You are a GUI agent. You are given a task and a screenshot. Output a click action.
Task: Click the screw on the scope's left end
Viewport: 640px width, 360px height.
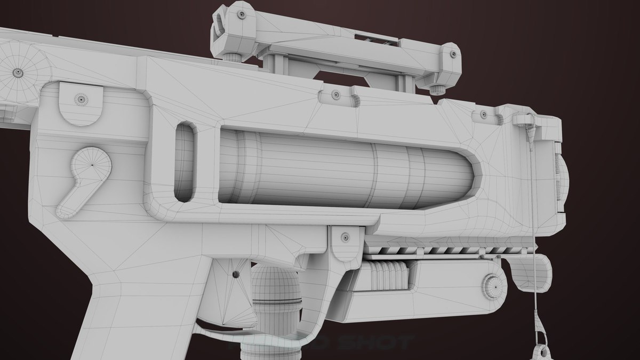(242, 15)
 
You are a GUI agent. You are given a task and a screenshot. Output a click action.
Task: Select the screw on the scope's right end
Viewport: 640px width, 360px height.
(453, 53)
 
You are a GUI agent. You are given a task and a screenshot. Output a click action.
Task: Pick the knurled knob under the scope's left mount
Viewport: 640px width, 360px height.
(233, 57)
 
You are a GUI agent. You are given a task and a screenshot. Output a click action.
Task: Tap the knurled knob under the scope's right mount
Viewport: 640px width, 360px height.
(437, 89)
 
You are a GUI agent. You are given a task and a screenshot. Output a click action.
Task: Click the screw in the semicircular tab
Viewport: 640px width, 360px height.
(81, 99)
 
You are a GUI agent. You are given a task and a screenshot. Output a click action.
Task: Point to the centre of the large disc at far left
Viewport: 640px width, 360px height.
(18, 72)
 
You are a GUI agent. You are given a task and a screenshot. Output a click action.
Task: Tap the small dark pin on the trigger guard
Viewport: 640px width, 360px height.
(235, 275)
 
